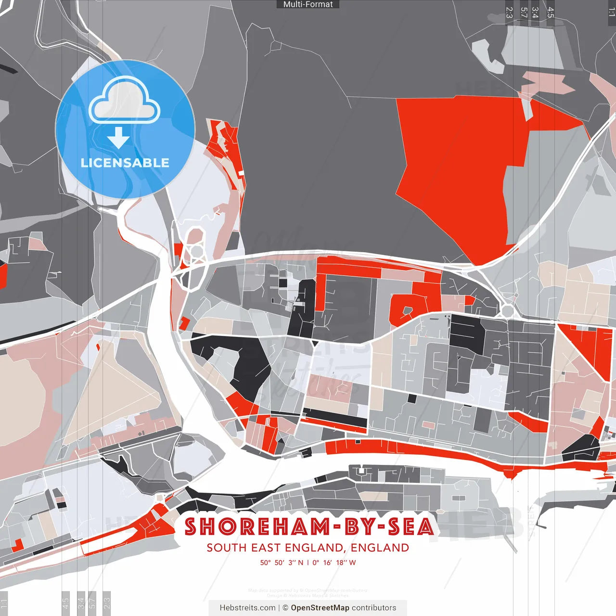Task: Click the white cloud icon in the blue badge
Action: point(125,101)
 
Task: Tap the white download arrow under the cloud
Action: point(118,138)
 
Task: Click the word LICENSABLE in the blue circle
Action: point(125,163)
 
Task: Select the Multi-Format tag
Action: point(308,4)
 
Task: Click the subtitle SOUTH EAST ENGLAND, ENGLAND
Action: point(308,548)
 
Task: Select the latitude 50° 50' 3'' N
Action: point(282,563)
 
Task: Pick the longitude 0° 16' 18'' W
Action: point(334,563)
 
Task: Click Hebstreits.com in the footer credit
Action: point(247,608)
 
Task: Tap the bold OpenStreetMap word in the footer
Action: point(320,608)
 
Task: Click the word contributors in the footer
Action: point(374,608)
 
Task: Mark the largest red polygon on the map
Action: point(452,168)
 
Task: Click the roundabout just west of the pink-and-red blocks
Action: point(507,310)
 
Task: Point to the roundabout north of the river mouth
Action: point(196,251)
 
